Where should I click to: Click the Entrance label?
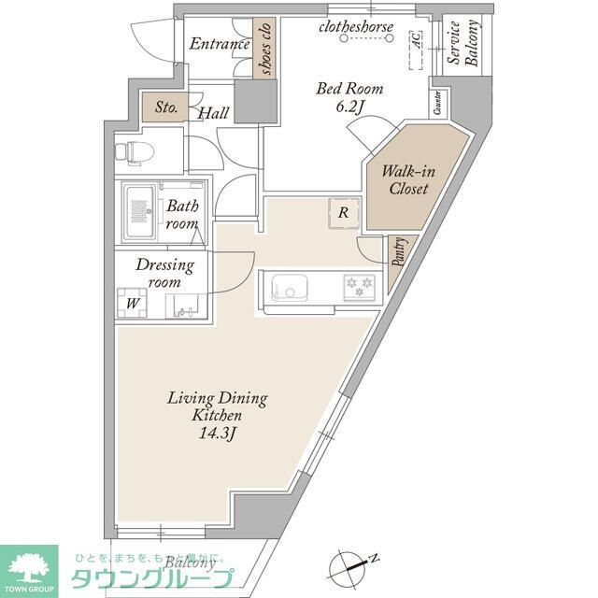click(221, 44)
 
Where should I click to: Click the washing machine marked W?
click(134, 303)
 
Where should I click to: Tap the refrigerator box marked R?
click(343, 213)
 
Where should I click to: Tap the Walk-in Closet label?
click(409, 180)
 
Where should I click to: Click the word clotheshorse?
click(356, 26)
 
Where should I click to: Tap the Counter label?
click(438, 104)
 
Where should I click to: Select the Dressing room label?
click(164, 272)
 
